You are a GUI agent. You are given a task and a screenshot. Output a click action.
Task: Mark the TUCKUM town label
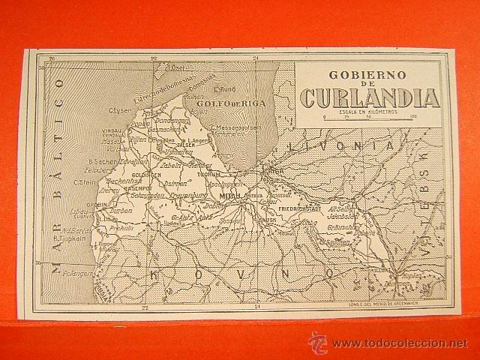208,173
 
